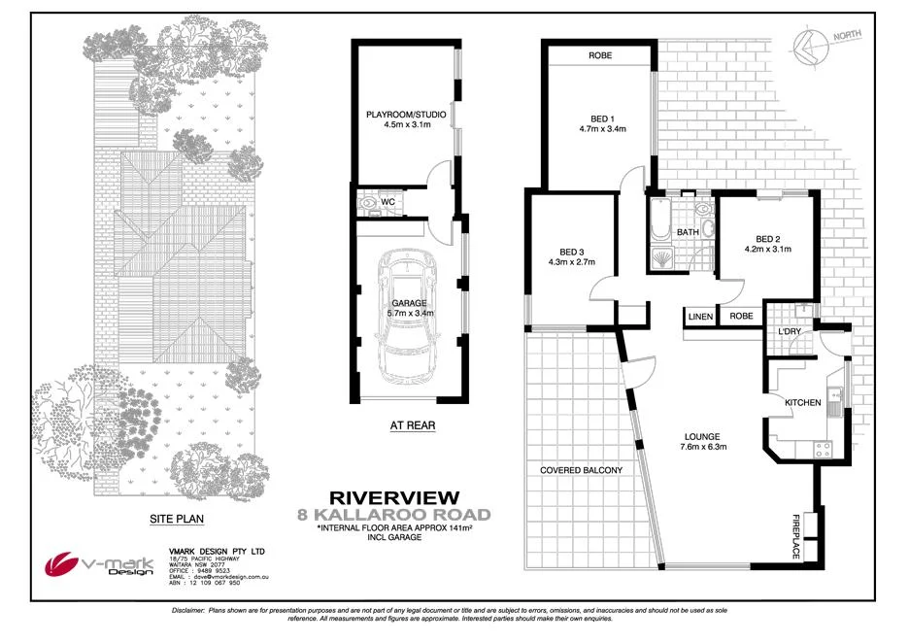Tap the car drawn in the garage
[407, 316]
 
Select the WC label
[387, 202]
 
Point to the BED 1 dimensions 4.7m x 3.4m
[602, 128]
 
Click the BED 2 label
[767, 239]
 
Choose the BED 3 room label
[570, 249]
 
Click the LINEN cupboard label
[700, 317]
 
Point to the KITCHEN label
[803, 402]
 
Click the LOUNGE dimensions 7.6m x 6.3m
[703, 447]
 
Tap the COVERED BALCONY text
[581, 470]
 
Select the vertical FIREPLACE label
[794, 535]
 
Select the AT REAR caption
[412, 424]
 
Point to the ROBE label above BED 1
[599, 56]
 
